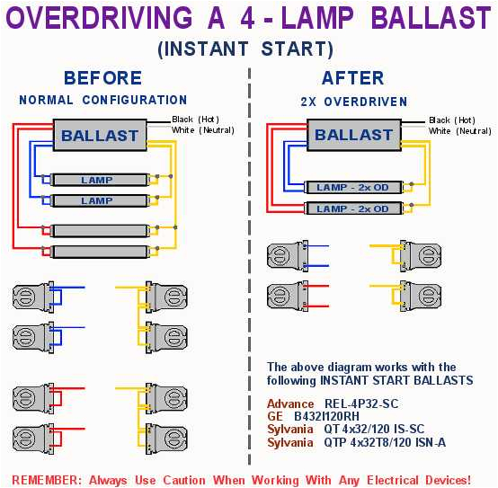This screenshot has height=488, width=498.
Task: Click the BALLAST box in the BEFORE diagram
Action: [100, 137]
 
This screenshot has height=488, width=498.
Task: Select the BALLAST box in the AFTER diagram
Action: [353, 136]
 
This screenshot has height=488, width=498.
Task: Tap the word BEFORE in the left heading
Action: [102, 78]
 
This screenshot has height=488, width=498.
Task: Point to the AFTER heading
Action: [352, 78]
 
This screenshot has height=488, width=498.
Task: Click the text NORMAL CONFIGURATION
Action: [102, 101]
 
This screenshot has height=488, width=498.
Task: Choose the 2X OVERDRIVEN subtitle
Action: [353, 102]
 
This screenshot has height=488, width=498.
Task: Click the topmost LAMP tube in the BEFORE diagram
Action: [97, 181]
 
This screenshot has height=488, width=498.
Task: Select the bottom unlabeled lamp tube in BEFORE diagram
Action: [97, 252]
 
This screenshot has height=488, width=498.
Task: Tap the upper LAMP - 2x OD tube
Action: [352, 188]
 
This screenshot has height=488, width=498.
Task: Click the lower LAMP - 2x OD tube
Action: [352, 209]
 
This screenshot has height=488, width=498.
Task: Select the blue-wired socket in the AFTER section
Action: [288, 256]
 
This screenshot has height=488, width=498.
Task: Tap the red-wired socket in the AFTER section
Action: [288, 295]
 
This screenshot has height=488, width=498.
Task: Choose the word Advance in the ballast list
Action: [290, 404]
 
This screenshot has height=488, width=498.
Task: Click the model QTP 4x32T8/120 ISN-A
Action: [384, 442]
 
